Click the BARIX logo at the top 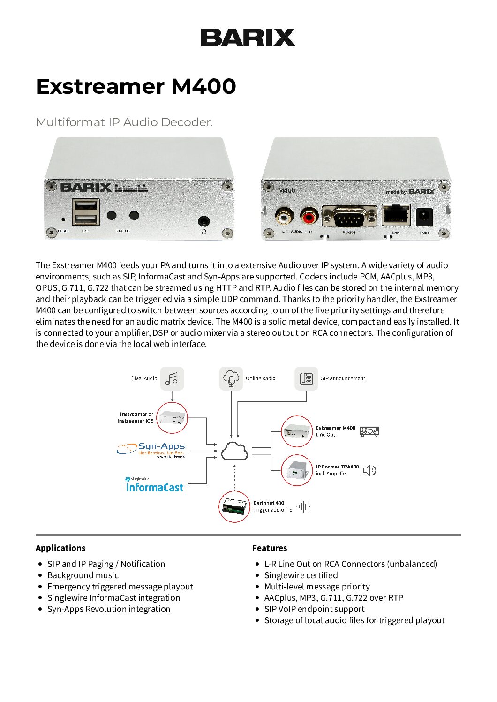click(248, 38)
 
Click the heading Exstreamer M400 click(136, 86)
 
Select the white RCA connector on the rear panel click(284, 217)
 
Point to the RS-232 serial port click(349, 217)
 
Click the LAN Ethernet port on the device click(396, 215)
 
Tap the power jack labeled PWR click(424, 217)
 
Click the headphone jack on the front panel click(203, 220)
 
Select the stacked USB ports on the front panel click(85, 212)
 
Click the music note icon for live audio click(172, 378)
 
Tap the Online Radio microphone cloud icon click(231, 378)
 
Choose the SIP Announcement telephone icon click(306, 378)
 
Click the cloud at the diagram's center click(234, 451)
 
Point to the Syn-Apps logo click(151, 449)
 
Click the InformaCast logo click(155, 486)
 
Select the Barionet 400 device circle click(234, 506)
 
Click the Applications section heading click(60, 548)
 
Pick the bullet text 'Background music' click(83, 575)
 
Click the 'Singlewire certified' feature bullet click(301, 575)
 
